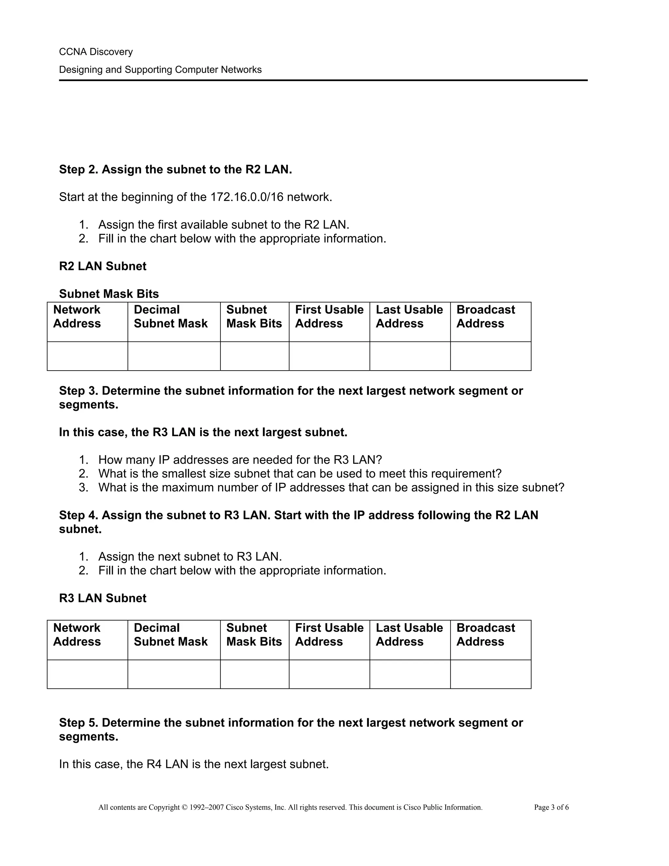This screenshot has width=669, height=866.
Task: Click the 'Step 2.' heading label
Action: (78, 170)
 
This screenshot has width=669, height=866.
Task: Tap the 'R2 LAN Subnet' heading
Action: (103, 266)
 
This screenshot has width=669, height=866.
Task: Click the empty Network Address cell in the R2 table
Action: (87, 356)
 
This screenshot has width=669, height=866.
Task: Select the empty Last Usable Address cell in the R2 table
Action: (410, 356)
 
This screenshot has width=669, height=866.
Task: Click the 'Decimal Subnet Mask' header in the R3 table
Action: (171, 634)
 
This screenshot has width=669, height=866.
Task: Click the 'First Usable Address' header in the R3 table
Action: (329, 634)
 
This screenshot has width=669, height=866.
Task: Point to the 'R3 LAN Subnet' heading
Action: (103, 598)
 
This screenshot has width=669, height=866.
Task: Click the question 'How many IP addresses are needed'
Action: (240, 460)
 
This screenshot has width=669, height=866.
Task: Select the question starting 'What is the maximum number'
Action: (331, 487)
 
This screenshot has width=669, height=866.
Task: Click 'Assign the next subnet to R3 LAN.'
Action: (190, 557)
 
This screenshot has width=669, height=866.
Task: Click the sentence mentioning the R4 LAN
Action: (194, 764)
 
